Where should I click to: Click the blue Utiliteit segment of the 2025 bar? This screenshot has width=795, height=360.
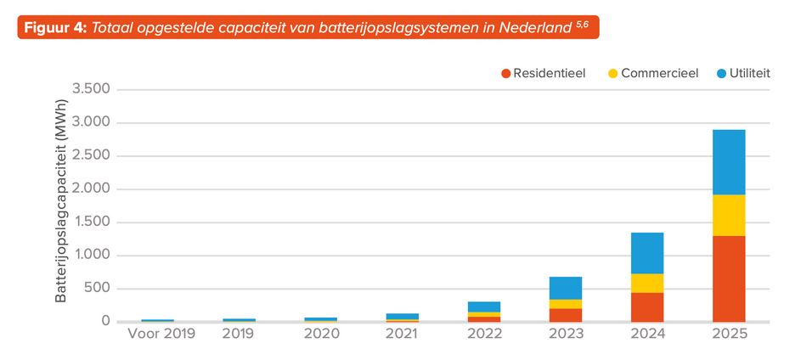(729, 162)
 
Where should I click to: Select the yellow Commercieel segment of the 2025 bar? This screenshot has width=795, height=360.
(729, 215)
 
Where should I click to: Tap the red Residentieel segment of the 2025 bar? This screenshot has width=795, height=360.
(729, 278)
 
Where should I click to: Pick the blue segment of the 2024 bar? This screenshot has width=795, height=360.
(647, 253)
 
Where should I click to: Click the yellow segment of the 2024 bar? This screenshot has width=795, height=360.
(647, 283)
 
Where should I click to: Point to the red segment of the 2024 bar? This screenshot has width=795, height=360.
(647, 307)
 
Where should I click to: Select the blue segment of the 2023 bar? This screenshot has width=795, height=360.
(566, 288)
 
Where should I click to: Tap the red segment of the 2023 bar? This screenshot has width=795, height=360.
(566, 314)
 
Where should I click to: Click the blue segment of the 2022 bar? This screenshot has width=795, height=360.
(484, 307)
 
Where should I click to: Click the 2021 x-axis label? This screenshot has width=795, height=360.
(403, 334)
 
